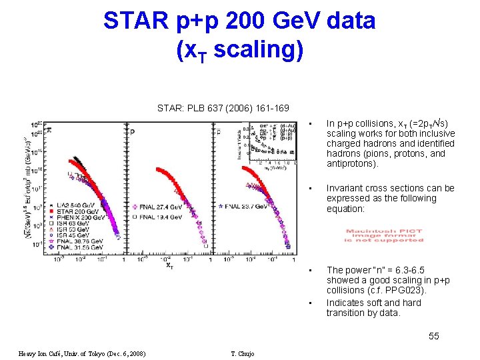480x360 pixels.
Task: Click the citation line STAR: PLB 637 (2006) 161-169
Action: click(x=223, y=107)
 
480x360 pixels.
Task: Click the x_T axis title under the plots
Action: click(x=171, y=265)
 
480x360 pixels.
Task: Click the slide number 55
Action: click(x=434, y=337)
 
